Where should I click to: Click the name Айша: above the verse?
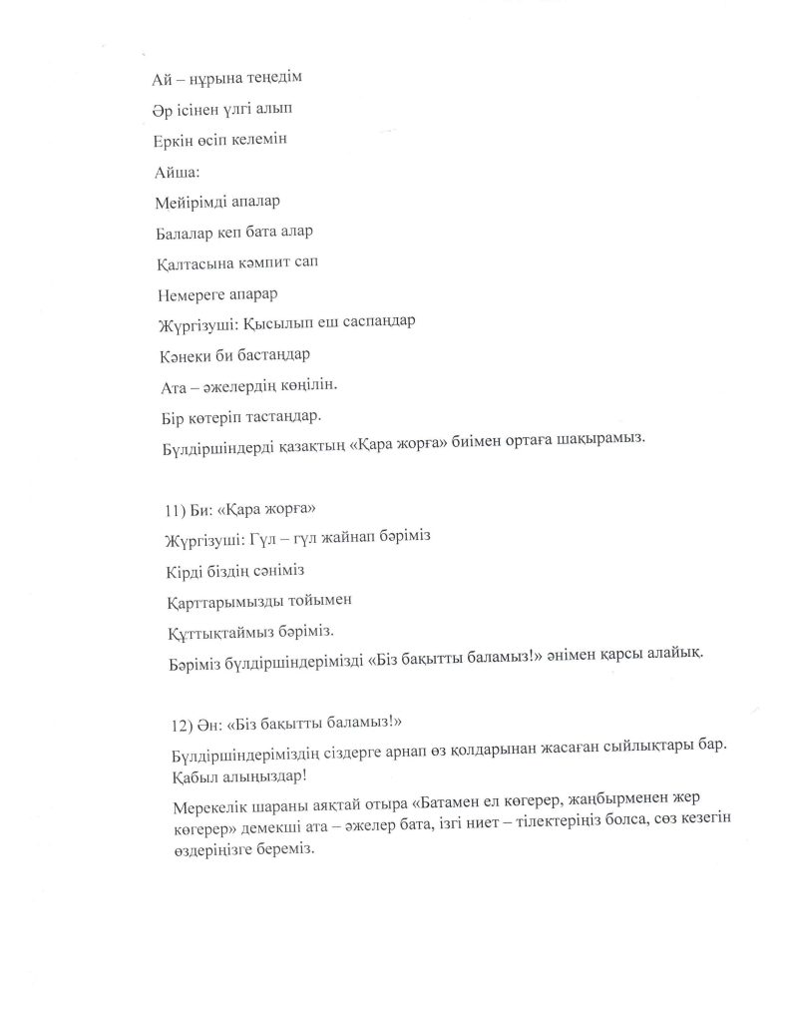coord(178,172)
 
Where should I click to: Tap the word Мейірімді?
coord(192,202)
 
